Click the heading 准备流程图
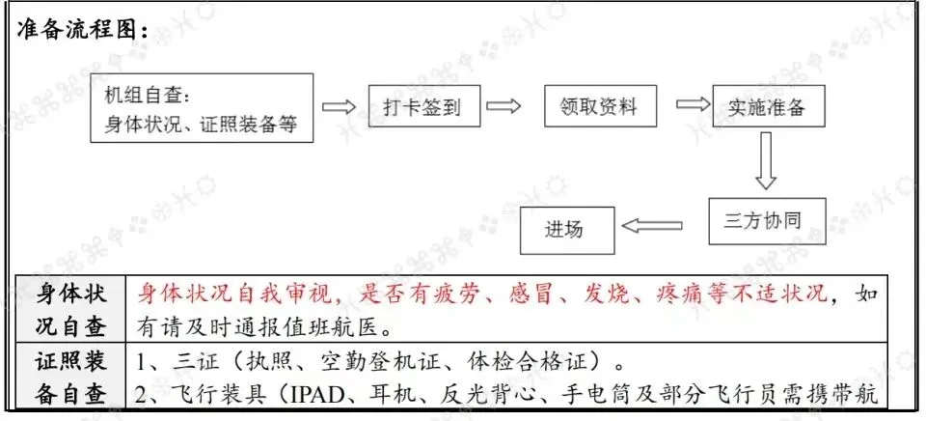[83, 30]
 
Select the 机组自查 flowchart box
[202, 107]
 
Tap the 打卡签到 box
[424, 106]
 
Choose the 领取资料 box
[600, 106]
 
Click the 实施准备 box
[769, 106]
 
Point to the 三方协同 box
[767, 221]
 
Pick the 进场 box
[567, 230]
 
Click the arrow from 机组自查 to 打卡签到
[339, 106]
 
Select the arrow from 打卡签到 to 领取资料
[504, 106]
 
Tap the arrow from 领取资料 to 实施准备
[694, 104]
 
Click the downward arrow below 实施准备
[766, 160]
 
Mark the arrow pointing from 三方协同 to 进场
[652, 225]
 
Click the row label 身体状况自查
[70, 309]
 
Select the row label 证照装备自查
[70, 377]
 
